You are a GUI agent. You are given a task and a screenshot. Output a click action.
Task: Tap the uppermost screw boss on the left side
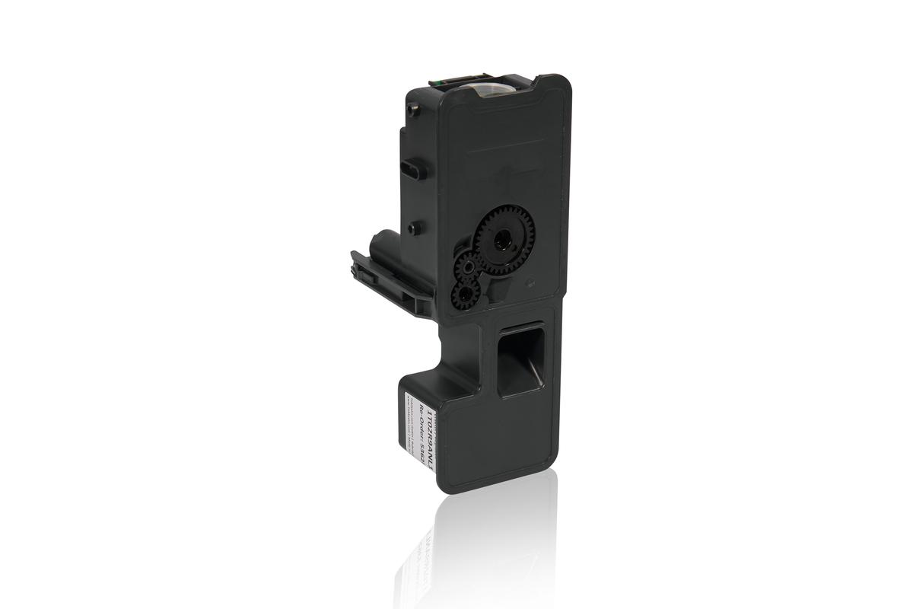point(414,110)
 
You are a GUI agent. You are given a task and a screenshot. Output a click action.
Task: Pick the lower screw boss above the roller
point(412,227)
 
